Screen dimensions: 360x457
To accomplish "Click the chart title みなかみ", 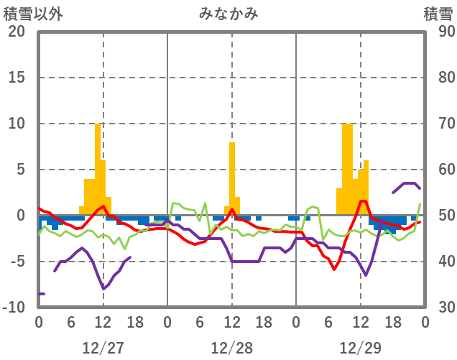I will tap(229, 14).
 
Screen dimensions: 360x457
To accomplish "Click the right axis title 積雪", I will tap(438, 14).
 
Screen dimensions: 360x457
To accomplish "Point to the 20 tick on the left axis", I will tap(16, 32).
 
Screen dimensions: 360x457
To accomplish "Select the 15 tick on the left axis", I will tap(16, 78).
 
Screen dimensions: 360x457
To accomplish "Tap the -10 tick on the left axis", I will tap(14, 308).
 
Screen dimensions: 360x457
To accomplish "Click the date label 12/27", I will tap(103, 348).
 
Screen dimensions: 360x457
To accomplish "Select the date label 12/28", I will tap(231, 348).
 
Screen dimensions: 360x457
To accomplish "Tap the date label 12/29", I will tap(360, 348).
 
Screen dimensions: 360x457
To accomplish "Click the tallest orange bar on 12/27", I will tap(98, 169).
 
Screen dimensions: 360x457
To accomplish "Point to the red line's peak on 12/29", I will tap(364, 201).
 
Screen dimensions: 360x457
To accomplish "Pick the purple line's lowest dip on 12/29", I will tap(366, 274).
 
